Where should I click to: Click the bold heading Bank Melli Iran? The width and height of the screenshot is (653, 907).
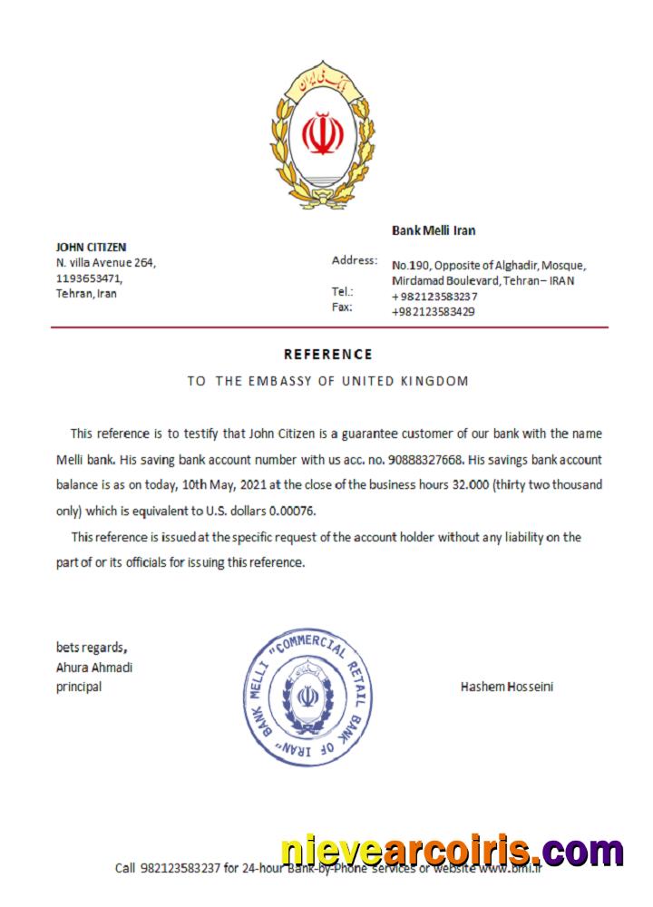(x=434, y=230)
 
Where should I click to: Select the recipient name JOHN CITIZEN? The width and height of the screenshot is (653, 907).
(x=91, y=247)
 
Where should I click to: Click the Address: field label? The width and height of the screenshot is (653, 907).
(x=355, y=260)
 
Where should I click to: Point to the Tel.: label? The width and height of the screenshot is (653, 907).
(x=343, y=292)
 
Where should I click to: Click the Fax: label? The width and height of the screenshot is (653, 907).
(x=342, y=307)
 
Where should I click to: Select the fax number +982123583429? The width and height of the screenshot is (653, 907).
(x=434, y=311)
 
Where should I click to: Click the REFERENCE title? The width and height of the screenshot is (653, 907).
(x=327, y=355)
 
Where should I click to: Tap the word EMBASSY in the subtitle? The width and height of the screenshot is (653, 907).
(x=278, y=381)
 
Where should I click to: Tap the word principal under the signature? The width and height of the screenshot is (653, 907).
(x=79, y=687)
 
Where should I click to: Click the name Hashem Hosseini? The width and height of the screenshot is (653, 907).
(x=507, y=687)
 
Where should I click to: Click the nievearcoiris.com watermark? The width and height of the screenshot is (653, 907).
(x=452, y=852)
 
